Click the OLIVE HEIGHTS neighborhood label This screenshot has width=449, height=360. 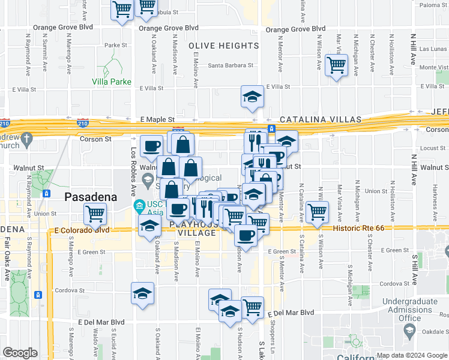[x=223, y=46]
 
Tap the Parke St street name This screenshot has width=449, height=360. [x=116, y=45]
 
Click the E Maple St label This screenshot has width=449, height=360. [x=157, y=120]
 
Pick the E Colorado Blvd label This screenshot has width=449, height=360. [x=81, y=230]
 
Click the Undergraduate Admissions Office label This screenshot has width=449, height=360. [x=409, y=309]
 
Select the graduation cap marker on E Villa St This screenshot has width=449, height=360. [x=252, y=95]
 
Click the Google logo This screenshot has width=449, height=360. [x=20, y=353]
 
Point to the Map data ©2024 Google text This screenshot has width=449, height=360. [x=412, y=355]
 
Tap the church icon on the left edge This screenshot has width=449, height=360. [x=26, y=140]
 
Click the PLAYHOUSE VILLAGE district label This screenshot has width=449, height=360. [x=197, y=228]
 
